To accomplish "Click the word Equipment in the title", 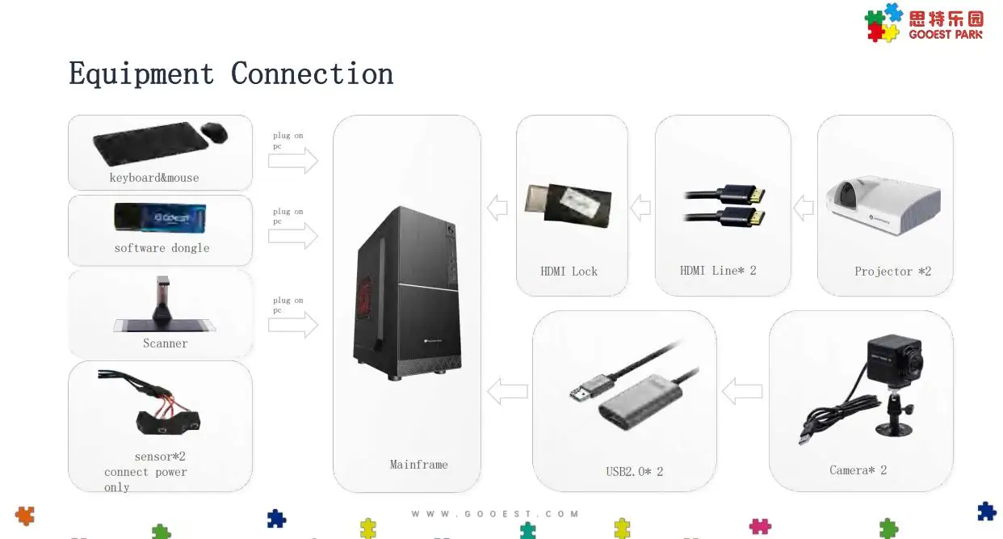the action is pos(141,74).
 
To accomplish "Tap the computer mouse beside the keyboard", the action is pos(214,133).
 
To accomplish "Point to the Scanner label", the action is pos(165,343).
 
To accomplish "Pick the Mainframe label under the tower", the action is pos(418,465).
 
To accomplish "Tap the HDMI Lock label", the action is pos(569,272).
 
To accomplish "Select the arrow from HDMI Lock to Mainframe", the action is pos(497,208).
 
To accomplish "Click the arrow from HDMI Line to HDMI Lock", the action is pos(640,208).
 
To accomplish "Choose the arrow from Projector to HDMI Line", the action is pos(803,208).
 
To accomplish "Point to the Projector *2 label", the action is pos(892,272).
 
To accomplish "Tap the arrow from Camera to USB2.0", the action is pos(741,392).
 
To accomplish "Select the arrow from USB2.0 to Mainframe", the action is pos(507,392).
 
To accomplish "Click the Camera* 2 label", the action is pos(858,470).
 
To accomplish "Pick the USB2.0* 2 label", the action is pos(634,472).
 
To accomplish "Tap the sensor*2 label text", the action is pos(160,457).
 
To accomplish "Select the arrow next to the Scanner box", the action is pos(292,325).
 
